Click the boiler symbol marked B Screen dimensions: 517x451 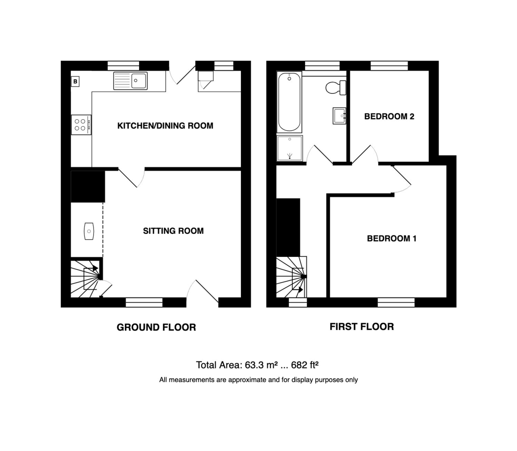point(75,82)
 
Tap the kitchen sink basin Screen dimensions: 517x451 point(138,81)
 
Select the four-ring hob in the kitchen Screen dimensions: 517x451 point(81,125)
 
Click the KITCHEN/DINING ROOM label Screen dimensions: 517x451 point(165,126)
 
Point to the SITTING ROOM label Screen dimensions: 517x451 point(173,231)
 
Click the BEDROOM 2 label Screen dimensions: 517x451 point(389,116)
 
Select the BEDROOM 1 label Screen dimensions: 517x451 point(392,238)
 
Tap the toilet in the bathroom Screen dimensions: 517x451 point(336,88)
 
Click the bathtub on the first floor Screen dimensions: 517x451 point(290,102)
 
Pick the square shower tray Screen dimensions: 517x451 point(290,148)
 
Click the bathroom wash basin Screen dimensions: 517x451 point(339,116)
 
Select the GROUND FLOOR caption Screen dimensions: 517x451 point(156,327)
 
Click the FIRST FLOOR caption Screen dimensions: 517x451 point(361,327)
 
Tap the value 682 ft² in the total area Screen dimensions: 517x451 point(305,365)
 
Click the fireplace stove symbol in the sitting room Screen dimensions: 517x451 point(89,231)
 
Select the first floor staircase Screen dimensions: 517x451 point(292,277)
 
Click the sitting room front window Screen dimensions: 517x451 point(144,302)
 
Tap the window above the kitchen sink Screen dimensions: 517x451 point(123,66)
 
